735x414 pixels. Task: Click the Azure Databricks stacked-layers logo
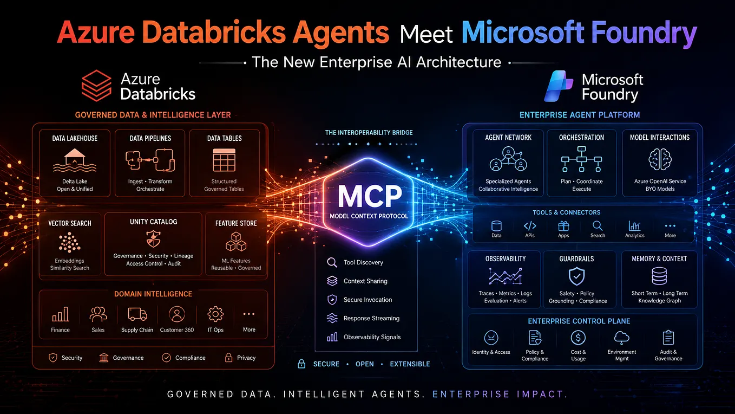tap(96, 86)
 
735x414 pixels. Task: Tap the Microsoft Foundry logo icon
tap(559, 86)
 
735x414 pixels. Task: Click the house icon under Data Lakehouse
tap(75, 160)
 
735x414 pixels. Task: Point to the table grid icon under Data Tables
tap(224, 160)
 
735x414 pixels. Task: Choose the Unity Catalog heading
tap(153, 222)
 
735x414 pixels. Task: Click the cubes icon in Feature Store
tap(236, 242)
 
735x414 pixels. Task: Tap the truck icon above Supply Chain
tap(137, 314)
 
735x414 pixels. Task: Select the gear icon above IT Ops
tap(215, 314)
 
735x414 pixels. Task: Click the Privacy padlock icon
tap(229, 358)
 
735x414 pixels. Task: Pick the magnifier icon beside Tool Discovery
tap(332, 262)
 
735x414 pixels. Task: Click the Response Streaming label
tap(371, 318)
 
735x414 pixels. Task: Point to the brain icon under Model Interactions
tap(660, 159)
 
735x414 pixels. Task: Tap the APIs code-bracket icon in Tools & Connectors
tap(530, 226)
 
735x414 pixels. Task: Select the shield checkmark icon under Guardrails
tap(576, 276)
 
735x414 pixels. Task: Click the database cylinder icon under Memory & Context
tap(659, 276)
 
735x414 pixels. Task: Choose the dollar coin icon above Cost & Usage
tap(578, 338)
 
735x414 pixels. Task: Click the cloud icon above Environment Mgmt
tap(621, 338)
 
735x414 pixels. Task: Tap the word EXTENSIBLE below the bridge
tap(410, 364)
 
